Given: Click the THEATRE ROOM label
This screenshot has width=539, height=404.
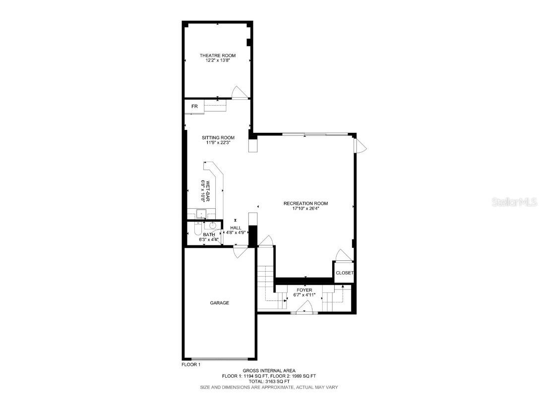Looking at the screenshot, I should (x=218, y=55).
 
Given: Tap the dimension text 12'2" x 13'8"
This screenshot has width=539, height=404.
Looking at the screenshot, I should (x=218, y=60).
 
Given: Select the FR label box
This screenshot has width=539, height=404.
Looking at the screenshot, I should (x=194, y=107).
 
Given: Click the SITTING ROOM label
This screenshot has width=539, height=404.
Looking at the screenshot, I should (x=218, y=138).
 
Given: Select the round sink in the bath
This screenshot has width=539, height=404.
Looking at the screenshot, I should (x=213, y=226).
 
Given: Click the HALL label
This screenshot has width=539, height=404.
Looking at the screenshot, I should (x=236, y=228).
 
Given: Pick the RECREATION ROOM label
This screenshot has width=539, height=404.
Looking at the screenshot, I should (x=305, y=203).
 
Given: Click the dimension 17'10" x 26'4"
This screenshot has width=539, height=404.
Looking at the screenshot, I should (x=305, y=208).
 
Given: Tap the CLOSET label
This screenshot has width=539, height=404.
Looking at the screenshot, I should (x=345, y=273).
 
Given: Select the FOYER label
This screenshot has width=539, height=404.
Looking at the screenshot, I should (x=304, y=290).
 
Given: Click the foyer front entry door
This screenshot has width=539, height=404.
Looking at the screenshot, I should (x=303, y=310).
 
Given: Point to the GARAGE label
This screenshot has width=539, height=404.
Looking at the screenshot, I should (x=219, y=303).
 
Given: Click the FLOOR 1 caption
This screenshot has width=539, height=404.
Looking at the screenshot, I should (x=191, y=365).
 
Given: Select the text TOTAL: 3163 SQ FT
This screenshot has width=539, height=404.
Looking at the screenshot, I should (x=269, y=382).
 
